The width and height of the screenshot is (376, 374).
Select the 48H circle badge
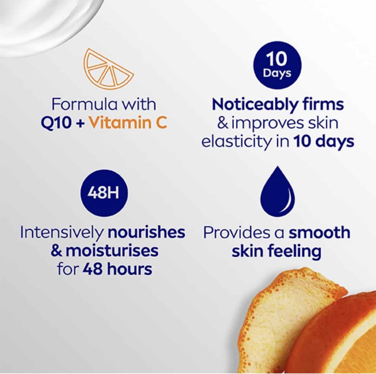(x=103, y=194)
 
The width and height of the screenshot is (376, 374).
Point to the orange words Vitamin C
(x=128, y=123)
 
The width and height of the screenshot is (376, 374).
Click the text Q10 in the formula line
(x=56, y=123)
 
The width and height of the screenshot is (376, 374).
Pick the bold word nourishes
(x=146, y=232)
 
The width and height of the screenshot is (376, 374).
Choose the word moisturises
(x=112, y=251)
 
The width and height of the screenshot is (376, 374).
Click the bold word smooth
(x=319, y=232)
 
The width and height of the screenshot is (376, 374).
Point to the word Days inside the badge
(x=277, y=74)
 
